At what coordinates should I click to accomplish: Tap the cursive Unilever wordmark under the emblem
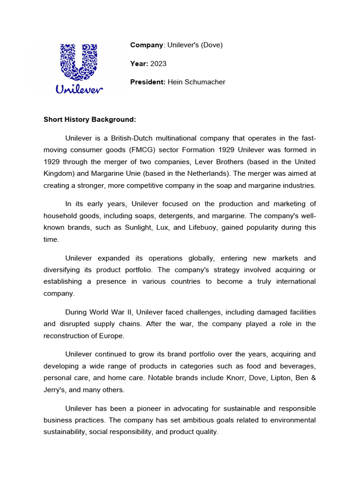point(79,89)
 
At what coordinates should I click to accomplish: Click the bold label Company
point(146,45)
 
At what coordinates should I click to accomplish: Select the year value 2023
point(158,64)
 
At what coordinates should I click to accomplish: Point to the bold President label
point(148,82)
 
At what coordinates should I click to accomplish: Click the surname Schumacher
point(205,82)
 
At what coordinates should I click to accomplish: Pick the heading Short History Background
point(90,120)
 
